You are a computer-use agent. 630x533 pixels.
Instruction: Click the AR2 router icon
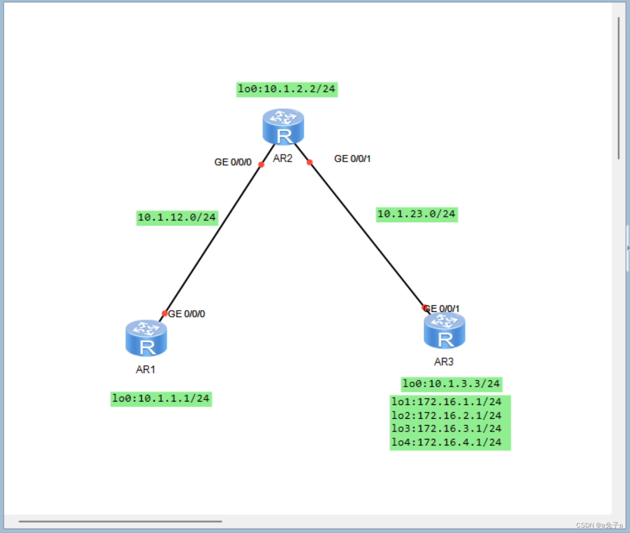(283, 127)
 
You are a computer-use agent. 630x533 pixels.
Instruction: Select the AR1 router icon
(146, 338)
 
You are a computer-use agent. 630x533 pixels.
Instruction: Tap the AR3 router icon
(444, 331)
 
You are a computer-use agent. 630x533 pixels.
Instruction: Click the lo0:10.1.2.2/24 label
(287, 89)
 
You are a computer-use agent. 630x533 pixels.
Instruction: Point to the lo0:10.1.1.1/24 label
(161, 399)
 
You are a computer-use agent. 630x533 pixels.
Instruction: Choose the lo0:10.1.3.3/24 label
(451, 384)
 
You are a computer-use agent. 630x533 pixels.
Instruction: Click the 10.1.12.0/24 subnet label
(177, 217)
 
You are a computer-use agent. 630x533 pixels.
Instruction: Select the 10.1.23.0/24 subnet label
(417, 214)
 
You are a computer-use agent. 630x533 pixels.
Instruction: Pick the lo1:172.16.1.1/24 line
(447, 402)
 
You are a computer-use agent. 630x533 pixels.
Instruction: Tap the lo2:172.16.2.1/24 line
(447, 416)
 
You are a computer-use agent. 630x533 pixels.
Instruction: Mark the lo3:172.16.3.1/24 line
(447, 429)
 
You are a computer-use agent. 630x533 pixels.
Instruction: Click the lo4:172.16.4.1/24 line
(447, 442)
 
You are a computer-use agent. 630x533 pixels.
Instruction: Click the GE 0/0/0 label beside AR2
(232, 162)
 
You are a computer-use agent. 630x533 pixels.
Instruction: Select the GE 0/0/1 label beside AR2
(352, 159)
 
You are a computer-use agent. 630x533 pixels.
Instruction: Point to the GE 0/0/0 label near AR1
(187, 314)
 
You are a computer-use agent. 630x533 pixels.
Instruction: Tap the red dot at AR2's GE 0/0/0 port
(261, 165)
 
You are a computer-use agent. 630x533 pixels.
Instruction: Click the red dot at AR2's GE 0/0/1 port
(309, 162)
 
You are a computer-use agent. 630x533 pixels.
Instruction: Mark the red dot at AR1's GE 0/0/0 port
(165, 313)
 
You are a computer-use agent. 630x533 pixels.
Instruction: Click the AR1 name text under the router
(146, 369)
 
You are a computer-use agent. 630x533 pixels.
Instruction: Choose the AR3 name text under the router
(444, 362)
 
